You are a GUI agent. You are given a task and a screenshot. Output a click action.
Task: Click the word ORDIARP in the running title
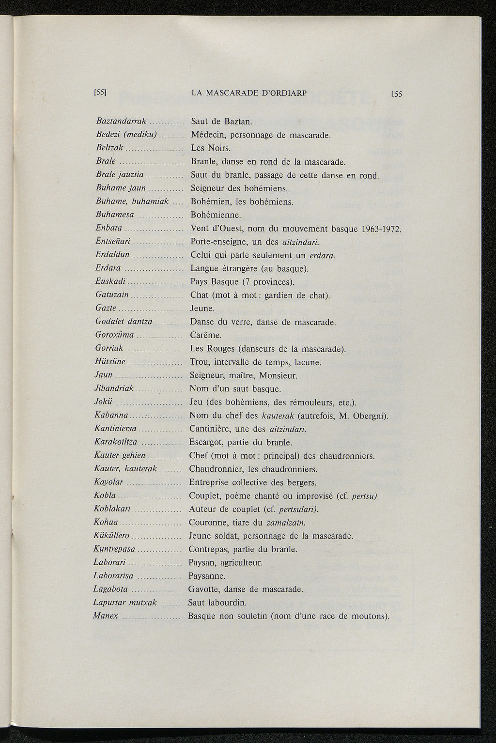tap(286, 93)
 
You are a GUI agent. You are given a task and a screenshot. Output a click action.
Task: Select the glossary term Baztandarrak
tap(122, 121)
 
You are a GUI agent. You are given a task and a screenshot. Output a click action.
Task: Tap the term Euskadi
tap(111, 281)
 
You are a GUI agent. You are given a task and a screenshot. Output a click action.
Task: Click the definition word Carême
tap(206, 335)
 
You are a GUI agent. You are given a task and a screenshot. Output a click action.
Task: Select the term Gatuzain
tap(112, 294)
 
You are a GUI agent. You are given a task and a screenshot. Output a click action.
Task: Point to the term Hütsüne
tap(111, 361)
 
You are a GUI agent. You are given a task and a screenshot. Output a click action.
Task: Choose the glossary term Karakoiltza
tap(116, 442)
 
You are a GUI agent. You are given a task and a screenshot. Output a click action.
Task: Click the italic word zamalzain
tap(285, 523)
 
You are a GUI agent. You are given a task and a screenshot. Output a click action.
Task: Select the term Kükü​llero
tap(111, 536)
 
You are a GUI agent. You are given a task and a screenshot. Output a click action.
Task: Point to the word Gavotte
tap(204, 589)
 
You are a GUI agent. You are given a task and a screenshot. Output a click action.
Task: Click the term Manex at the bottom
tap(106, 616)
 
